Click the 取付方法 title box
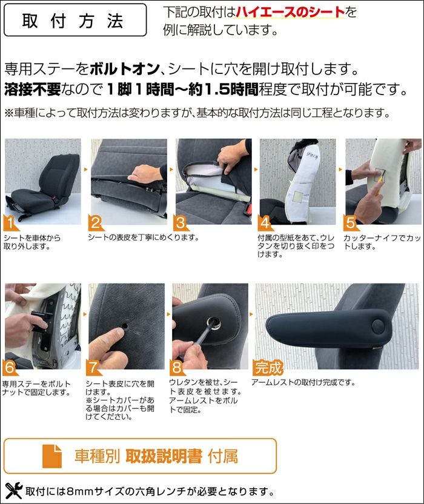(75, 20)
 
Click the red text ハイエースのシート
(291, 12)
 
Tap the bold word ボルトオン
(125, 69)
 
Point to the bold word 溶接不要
(33, 89)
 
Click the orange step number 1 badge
(10, 223)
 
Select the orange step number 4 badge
(265, 223)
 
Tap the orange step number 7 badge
(93, 367)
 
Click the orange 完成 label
(268, 367)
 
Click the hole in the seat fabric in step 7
(125, 326)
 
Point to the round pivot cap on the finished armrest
(378, 327)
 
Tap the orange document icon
(52, 456)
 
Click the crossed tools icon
(14, 491)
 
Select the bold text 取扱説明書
(164, 456)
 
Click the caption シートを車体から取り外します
(32, 242)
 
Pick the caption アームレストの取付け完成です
(303, 382)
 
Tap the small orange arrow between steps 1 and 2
(86, 169)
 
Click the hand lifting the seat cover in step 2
(145, 174)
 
